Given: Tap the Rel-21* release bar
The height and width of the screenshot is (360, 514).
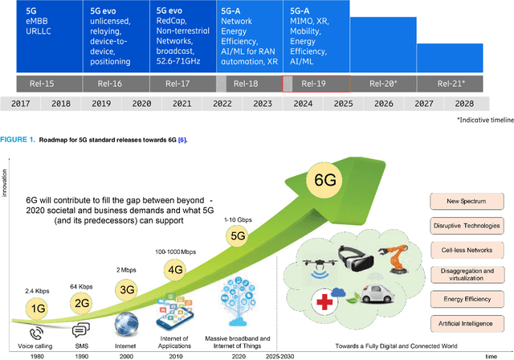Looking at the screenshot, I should (455, 83).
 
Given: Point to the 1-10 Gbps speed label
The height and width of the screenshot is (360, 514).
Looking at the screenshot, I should (239, 219).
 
